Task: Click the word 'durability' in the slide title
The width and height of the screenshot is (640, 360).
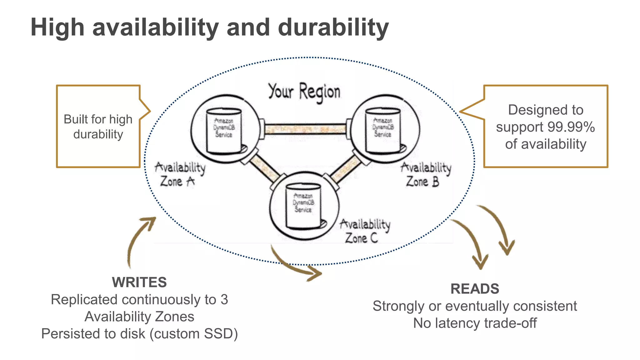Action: (333, 27)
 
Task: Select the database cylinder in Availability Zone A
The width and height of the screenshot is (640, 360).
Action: (224, 131)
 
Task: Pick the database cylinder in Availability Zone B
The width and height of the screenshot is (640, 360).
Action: (383, 130)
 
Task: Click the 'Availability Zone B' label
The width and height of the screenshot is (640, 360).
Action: (426, 174)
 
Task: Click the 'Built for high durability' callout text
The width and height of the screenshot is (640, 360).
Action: (98, 127)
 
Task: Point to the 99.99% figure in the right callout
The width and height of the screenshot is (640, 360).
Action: (571, 127)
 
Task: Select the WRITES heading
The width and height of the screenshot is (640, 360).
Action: (139, 282)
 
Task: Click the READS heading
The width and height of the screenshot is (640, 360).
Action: (475, 289)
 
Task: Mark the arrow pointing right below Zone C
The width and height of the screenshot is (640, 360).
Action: (295, 266)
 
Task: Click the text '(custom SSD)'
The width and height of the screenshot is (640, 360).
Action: (194, 334)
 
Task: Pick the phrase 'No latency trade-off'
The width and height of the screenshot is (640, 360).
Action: (475, 323)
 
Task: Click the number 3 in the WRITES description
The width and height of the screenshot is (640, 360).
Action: (224, 300)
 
